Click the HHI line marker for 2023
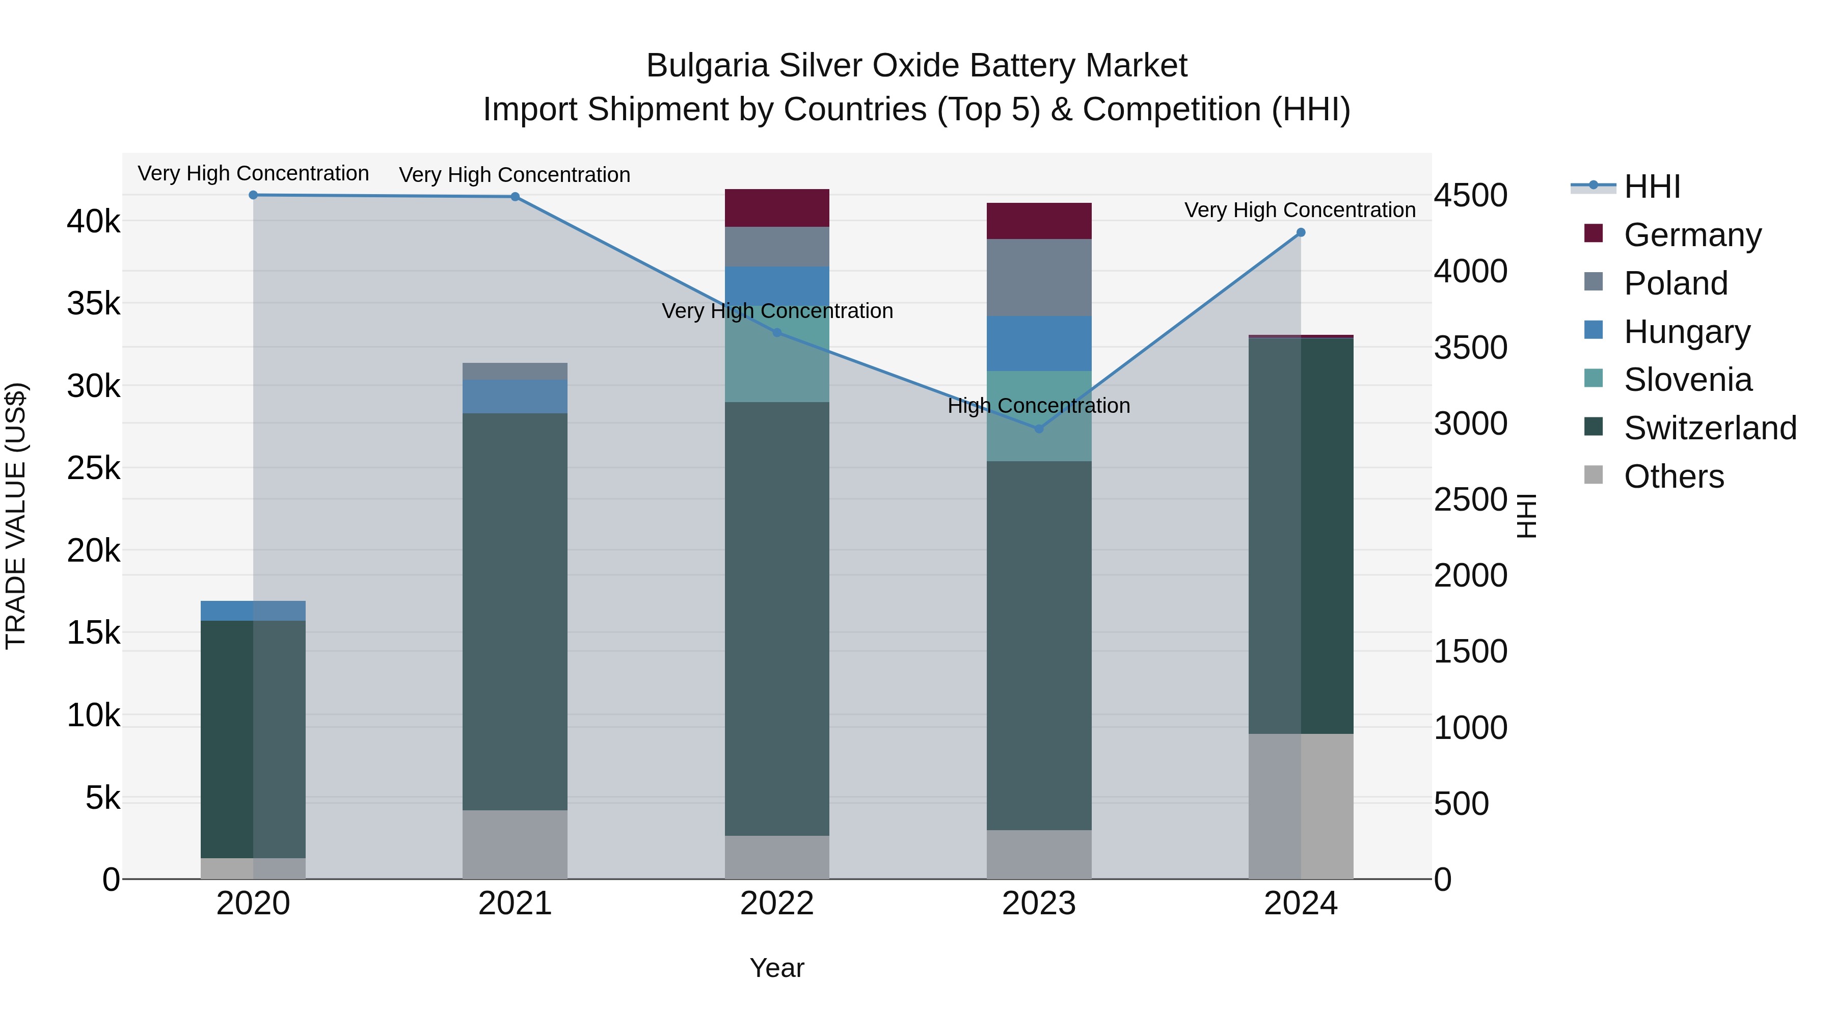click(x=1038, y=429)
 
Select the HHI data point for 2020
click(x=254, y=195)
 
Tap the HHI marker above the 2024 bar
click(x=1301, y=232)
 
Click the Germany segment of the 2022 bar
click(x=777, y=208)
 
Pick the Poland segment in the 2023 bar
click(x=1039, y=277)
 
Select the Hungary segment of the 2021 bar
click(x=515, y=396)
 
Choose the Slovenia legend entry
click(x=1687, y=380)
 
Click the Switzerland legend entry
click(x=1709, y=428)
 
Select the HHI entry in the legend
click(x=1652, y=187)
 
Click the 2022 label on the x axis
click(x=777, y=904)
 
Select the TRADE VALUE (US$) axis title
click(x=16, y=516)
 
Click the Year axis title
click(x=777, y=968)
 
